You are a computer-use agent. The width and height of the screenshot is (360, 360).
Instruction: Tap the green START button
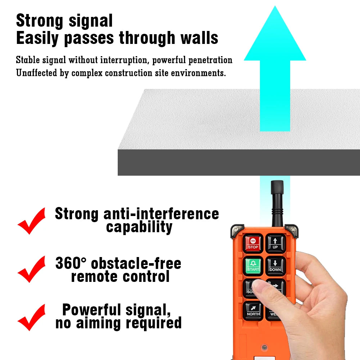pyautogui.click(x=253, y=266)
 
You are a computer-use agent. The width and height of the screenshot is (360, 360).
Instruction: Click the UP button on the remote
pyautogui.click(x=275, y=243)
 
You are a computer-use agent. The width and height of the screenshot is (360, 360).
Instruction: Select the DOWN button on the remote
pyautogui.click(x=275, y=266)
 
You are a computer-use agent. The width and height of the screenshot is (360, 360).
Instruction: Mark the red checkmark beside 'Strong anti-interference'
pyautogui.click(x=32, y=220)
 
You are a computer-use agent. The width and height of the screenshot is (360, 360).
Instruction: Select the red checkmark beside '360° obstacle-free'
pyautogui.click(x=32, y=269)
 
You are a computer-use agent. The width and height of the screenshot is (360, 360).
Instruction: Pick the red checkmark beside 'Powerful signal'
pyautogui.click(x=32, y=317)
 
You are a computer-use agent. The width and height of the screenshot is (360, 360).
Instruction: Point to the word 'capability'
pyautogui.click(x=139, y=227)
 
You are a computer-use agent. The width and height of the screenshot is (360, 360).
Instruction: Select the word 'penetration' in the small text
pyautogui.click(x=211, y=60)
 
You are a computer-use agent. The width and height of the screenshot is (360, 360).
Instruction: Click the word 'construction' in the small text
pyautogui.click(x=131, y=73)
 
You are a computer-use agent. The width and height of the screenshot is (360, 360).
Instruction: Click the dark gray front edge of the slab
pyautogui.click(x=238, y=162)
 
